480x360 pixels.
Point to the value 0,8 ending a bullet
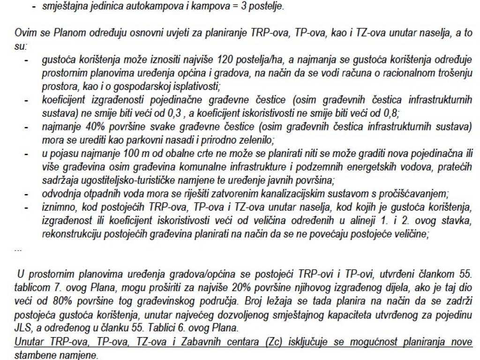coord(390,113)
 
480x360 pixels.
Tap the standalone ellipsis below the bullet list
coord(18,249)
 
